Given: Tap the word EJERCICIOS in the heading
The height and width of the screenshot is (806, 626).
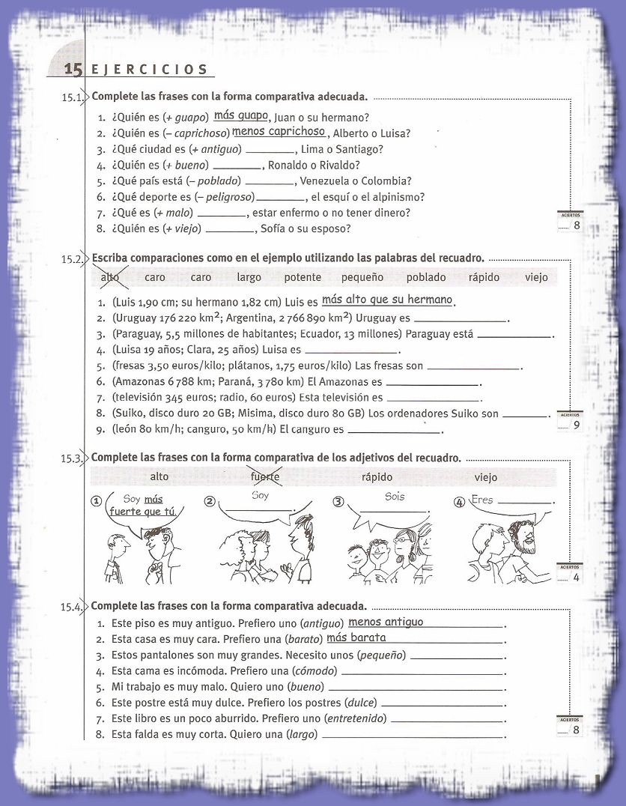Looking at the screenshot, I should [x=149, y=70].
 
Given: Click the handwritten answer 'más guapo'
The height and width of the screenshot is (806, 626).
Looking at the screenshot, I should [x=240, y=115].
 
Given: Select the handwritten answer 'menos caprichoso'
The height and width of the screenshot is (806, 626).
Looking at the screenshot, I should [x=279, y=131].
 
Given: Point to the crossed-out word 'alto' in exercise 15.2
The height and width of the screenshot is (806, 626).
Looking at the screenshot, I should [x=109, y=277].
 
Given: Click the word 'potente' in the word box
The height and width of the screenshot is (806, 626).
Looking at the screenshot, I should [x=303, y=277].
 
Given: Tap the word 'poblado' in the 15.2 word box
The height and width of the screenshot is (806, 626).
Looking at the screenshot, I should [x=425, y=277].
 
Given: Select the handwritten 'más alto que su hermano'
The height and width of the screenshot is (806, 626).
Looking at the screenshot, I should [x=387, y=300].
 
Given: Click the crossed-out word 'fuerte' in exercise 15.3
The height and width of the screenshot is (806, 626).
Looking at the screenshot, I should [x=264, y=476].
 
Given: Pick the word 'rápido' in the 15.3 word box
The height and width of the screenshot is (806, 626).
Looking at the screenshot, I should [x=377, y=476].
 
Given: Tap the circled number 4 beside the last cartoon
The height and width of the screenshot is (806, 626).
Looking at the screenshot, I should [x=459, y=502].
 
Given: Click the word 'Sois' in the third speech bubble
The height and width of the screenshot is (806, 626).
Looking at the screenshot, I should [x=395, y=496].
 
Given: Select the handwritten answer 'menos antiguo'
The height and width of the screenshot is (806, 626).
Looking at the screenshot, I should [x=386, y=622].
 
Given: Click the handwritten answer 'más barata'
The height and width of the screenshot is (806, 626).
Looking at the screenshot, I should [x=356, y=637].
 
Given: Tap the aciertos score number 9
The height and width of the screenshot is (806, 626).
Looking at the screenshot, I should [x=576, y=425].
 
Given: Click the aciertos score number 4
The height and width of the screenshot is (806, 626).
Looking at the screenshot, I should [x=576, y=578].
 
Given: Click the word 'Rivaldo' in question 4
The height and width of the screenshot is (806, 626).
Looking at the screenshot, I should [x=338, y=165].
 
